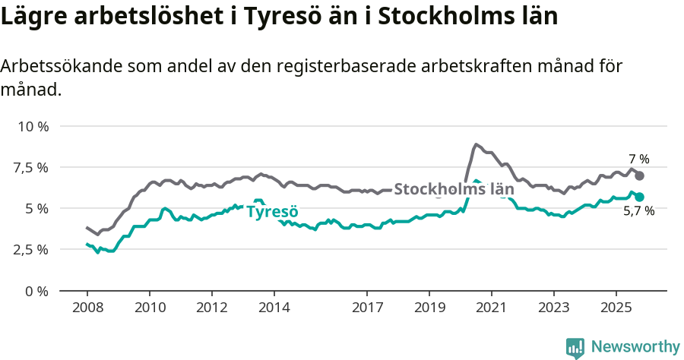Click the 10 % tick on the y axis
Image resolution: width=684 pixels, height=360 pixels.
pyautogui.click(x=33, y=126)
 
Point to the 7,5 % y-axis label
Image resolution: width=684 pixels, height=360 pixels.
pyautogui.click(x=31, y=167)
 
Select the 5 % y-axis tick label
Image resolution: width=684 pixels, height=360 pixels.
pyautogui.click(x=36, y=208)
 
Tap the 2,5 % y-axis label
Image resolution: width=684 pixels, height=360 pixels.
pyautogui.click(x=31, y=249)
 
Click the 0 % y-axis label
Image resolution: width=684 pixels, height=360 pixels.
pyautogui.click(x=36, y=290)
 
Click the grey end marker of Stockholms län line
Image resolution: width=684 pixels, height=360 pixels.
pyautogui.click(x=639, y=175)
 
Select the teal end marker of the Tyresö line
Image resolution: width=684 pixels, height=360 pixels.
pyautogui.click(x=639, y=197)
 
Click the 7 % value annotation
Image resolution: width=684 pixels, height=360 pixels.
pyautogui.click(x=638, y=159)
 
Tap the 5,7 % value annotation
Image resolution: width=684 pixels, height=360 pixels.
pyautogui.click(x=638, y=212)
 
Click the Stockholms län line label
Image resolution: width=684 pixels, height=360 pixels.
pyautogui.click(x=454, y=189)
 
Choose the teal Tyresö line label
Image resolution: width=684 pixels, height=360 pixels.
pyautogui.click(x=272, y=211)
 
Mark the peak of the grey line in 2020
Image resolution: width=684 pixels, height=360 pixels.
pyautogui.click(x=476, y=144)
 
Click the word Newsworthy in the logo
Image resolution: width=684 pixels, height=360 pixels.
pyautogui.click(x=635, y=347)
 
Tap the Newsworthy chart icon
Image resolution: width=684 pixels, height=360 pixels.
pyautogui.click(x=575, y=347)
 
